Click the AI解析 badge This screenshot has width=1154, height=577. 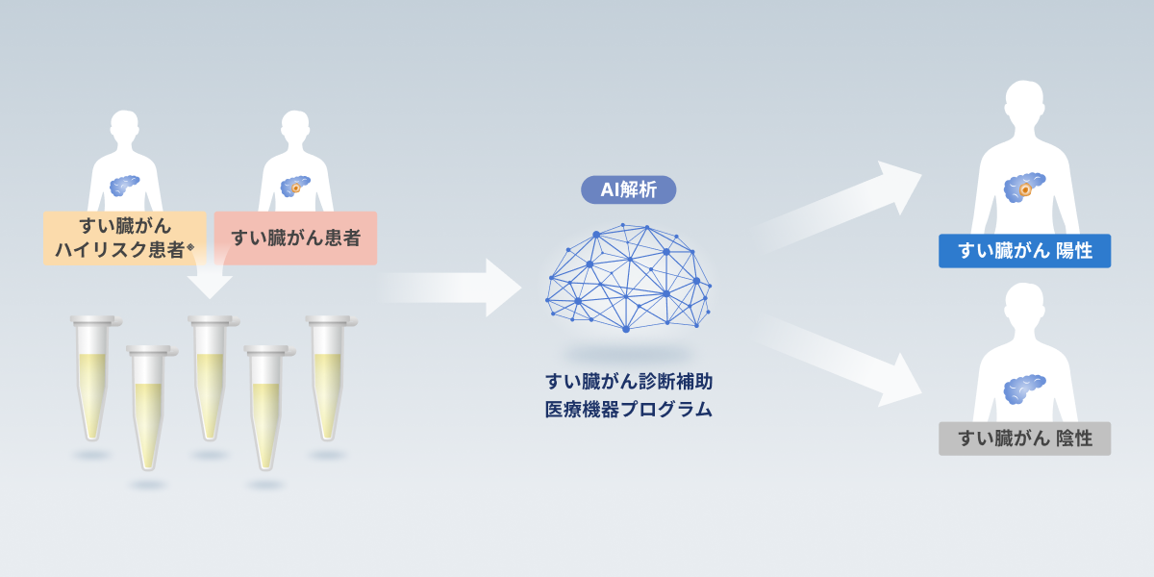click(629, 189)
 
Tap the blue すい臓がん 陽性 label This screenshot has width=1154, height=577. click(1025, 251)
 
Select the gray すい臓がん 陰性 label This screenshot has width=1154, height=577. click(1025, 439)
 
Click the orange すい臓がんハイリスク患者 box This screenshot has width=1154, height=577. click(125, 238)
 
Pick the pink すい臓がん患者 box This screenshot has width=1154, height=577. click(295, 238)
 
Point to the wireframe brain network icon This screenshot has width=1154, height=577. click(629, 277)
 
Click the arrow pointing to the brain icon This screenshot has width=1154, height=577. click(451, 288)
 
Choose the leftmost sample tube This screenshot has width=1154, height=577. click(93, 379)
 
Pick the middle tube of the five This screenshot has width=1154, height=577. click(211, 379)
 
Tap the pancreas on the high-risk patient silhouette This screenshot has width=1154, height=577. click(124, 186)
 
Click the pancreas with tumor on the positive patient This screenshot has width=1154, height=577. click(1024, 188)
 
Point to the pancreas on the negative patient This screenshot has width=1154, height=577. click(1024, 389)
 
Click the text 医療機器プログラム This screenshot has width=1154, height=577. click(629, 410)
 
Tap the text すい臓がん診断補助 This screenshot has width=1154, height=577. click(629, 382)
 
